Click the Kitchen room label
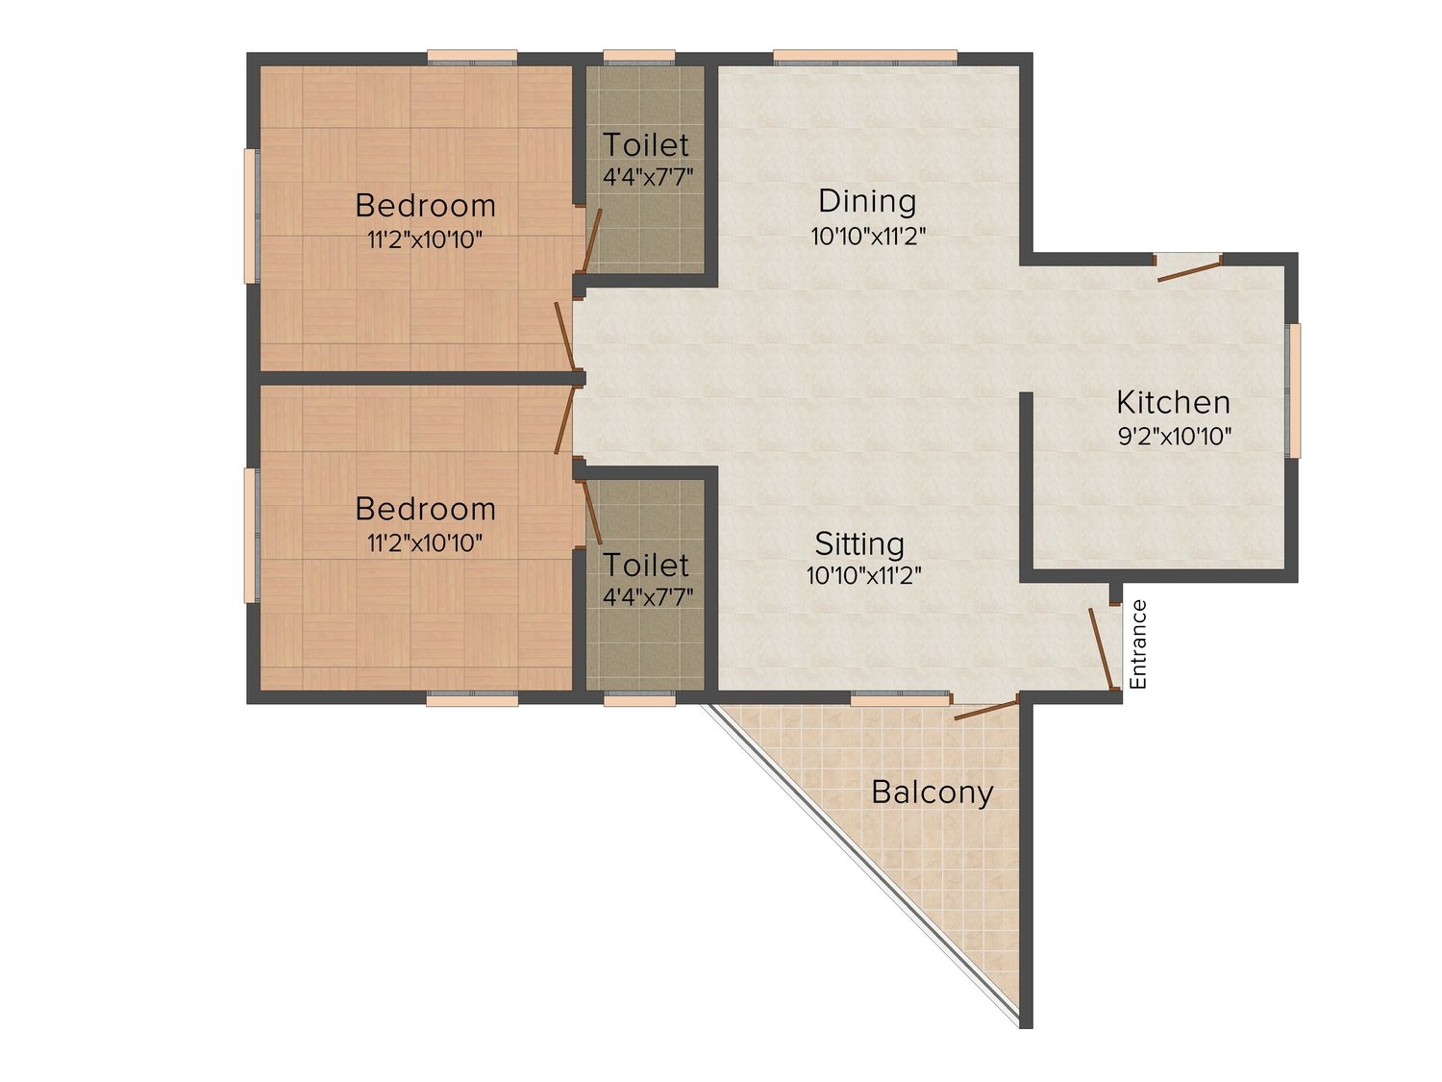coord(1174,403)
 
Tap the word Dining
coord(867,201)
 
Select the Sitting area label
coord(859,544)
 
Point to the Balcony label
coord(932,793)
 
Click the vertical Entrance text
coord(1138,644)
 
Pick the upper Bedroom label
coord(425,206)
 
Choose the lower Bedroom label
coord(425,509)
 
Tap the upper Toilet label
coord(646,145)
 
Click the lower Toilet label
coord(646,565)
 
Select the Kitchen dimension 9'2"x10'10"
coord(1175,437)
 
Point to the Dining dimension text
coord(868,236)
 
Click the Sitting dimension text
coord(864,576)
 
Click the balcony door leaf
coord(986,710)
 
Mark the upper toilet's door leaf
coord(592,240)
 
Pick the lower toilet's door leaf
coord(592,513)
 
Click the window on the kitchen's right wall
coord(1294,390)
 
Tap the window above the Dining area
coord(864,57)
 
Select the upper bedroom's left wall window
coord(251,216)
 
